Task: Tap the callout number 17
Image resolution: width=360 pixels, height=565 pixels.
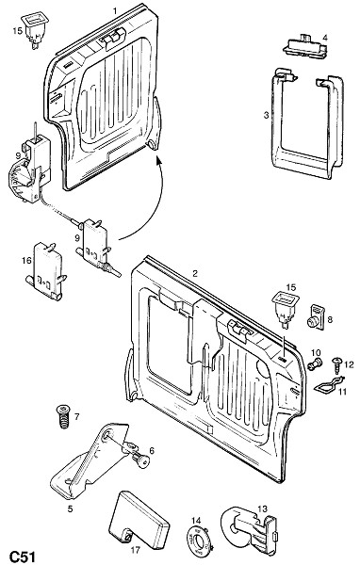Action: click(x=136, y=550)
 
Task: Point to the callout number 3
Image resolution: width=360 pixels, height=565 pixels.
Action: click(x=266, y=115)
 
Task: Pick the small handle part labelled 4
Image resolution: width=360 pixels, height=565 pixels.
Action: click(x=304, y=45)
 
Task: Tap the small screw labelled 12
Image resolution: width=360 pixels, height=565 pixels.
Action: click(x=337, y=365)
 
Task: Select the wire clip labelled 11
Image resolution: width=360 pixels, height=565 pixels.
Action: click(x=329, y=384)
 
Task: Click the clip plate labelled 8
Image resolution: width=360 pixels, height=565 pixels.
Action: click(x=316, y=317)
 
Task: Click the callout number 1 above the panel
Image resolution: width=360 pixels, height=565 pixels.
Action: click(x=115, y=10)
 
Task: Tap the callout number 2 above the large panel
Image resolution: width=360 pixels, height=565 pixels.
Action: click(x=195, y=273)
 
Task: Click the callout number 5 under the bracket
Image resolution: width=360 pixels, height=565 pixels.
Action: click(x=70, y=508)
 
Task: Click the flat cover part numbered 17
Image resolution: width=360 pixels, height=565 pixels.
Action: click(x=139, y=519)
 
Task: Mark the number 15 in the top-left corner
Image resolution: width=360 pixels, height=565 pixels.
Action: click(x=17, y=31)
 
